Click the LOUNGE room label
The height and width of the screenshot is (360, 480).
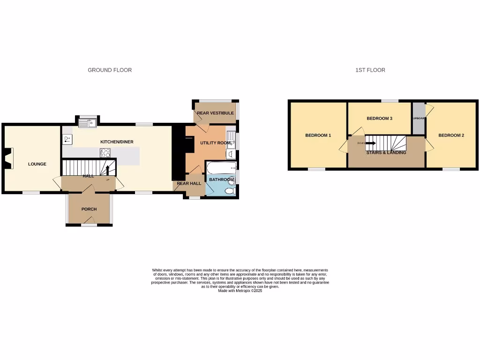(x=37, y=164)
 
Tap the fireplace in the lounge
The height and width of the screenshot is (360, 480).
(x=9, y=158)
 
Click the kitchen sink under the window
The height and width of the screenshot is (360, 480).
(x=87, y=123)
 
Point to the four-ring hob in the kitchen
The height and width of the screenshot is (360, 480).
(x=105, y=153)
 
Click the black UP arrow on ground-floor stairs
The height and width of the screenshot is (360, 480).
(x=107, y=170)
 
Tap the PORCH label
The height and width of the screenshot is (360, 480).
(x=89, y=209)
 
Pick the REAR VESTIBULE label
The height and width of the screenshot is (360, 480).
(x=215, y=113)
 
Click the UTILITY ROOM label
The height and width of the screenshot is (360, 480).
(x=216, y=143)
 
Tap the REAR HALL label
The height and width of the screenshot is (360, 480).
(x=189, y=183)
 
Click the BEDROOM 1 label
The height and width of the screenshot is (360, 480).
(x=318, y=135)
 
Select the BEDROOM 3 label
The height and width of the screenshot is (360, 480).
(x=379, y=119)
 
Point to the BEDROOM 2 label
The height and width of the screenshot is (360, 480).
(x=451, y=135)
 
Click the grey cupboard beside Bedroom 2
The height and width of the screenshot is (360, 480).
(x=418, y=119)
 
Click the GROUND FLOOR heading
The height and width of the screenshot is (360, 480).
(x=110, y=70)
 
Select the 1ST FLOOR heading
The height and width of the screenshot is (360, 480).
(x=370, y=70)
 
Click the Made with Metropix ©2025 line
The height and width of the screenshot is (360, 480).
(x=240, y=291)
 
